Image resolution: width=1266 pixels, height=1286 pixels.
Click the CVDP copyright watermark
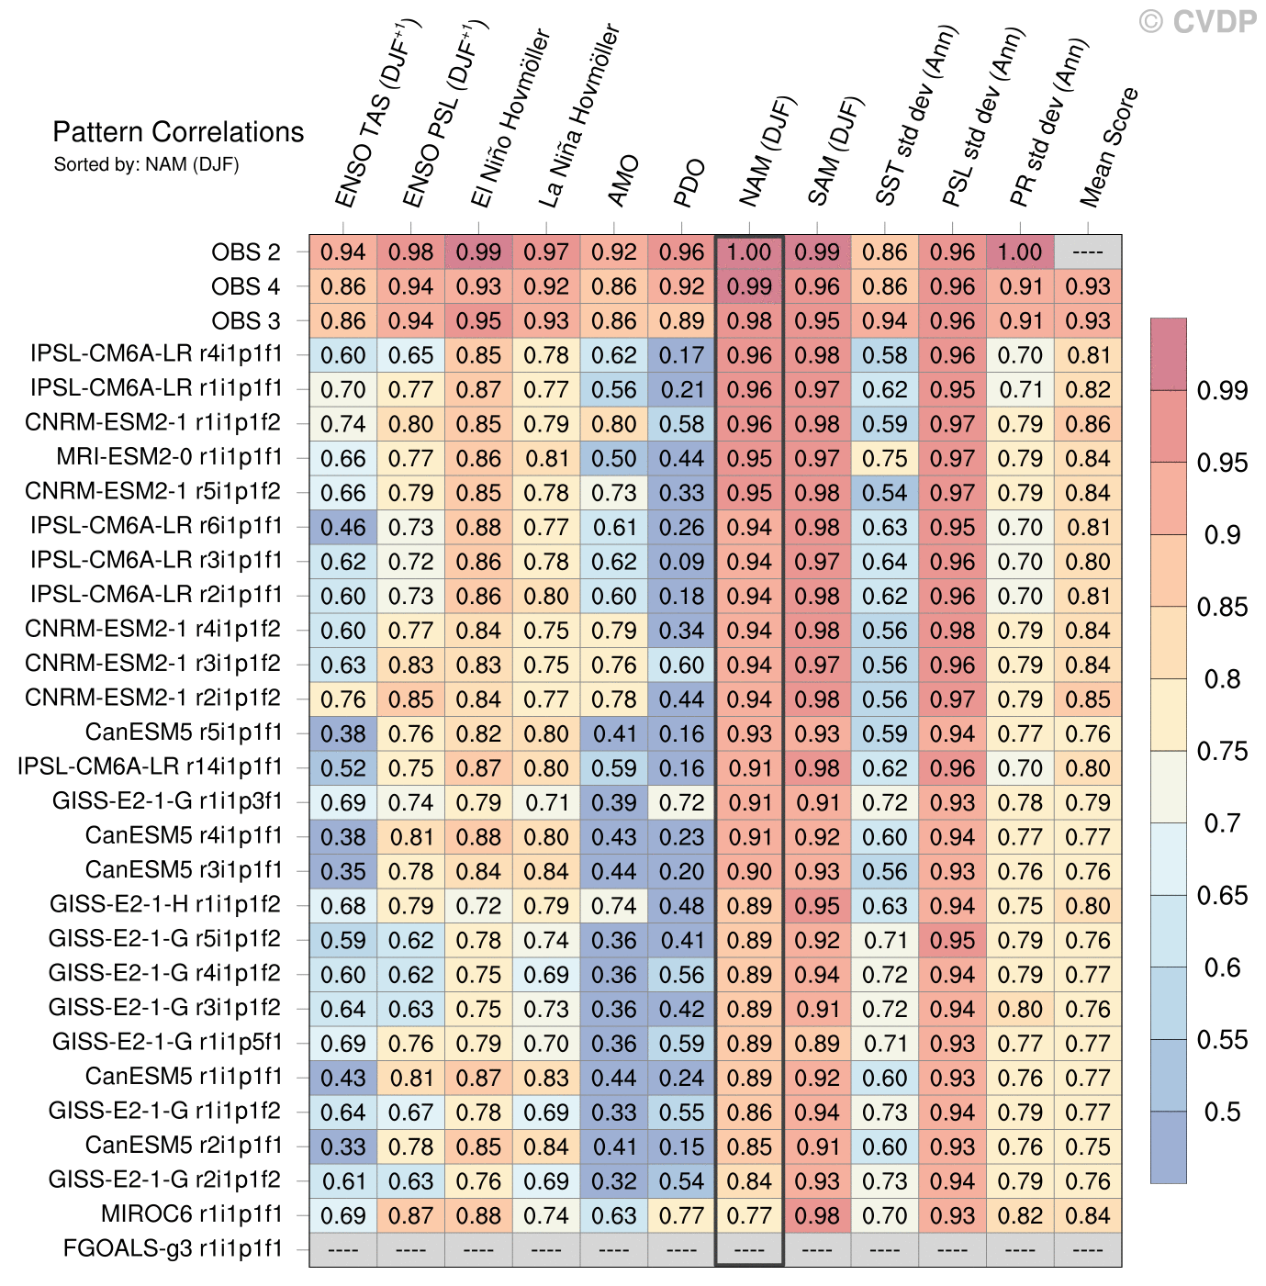[1197, 21]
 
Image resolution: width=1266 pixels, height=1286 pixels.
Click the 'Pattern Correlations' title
[178, 132]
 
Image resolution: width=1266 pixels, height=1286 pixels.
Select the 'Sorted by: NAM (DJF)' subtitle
[146, 164]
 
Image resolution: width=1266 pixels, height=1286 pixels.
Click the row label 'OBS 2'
[246, 252]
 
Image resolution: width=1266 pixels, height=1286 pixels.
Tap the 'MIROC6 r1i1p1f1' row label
[191, 1214]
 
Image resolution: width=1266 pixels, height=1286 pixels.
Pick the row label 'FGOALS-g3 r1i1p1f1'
[172, 1248]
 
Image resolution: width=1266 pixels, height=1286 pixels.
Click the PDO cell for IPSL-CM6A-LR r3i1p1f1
[681, 562]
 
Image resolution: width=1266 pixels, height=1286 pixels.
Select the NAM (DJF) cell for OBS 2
[749, 252]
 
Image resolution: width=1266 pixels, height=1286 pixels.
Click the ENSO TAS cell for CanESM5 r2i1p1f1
[343, 1146]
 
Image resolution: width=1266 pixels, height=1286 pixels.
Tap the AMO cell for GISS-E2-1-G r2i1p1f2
[614, 1181]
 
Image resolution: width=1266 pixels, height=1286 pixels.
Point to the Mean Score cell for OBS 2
[1088, 252]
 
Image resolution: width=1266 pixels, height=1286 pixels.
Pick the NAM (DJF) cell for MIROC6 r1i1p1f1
[749, 1215]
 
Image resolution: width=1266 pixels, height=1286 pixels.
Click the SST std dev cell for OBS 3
[885, 321]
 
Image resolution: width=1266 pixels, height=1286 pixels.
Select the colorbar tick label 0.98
[1222, 391]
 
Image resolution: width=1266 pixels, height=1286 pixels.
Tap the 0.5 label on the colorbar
[1222, 1113]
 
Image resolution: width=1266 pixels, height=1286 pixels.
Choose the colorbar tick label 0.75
[1222, 752]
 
